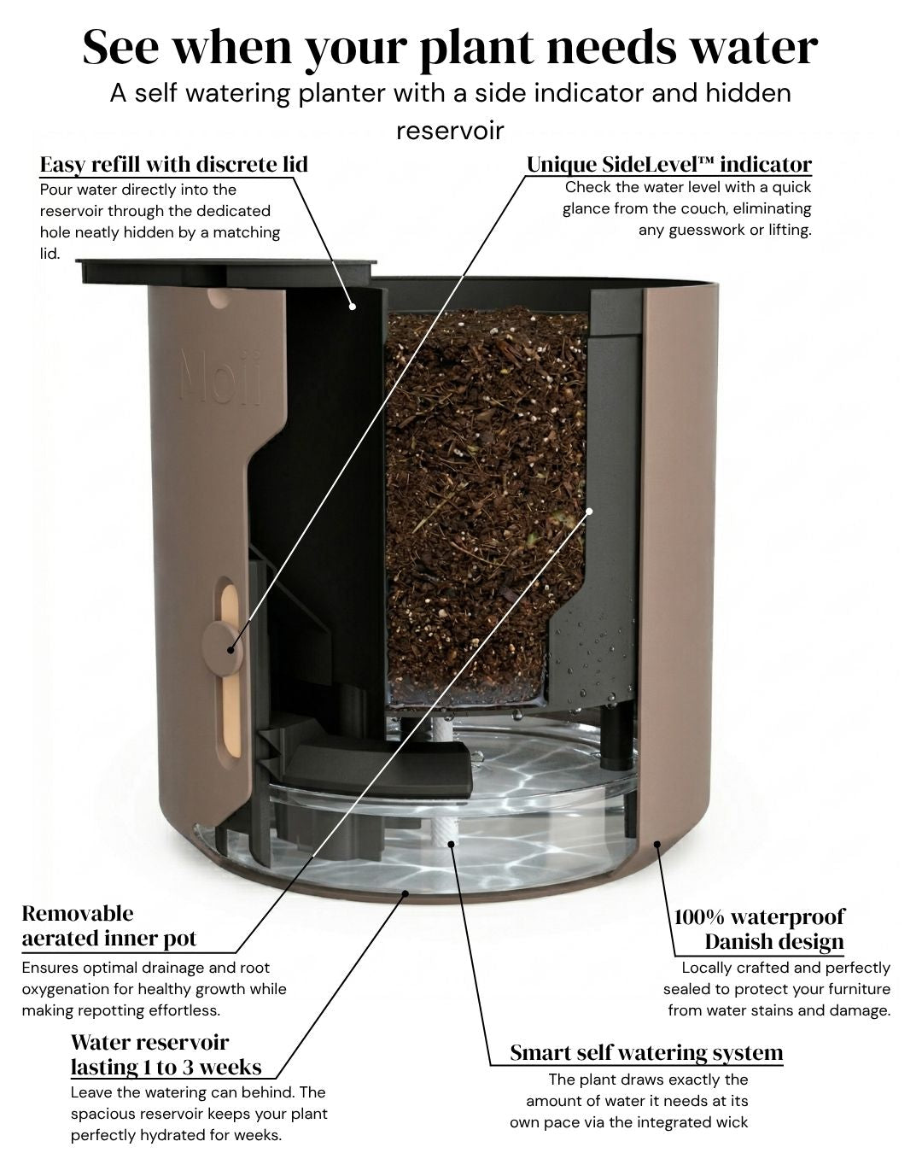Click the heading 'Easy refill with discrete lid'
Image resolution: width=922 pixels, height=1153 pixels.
(173, 165)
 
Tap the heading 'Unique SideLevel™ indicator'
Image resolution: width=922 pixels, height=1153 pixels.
(669, 165)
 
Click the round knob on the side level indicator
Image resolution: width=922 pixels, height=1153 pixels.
(222, 647)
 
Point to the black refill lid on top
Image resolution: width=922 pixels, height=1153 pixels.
(226, 271)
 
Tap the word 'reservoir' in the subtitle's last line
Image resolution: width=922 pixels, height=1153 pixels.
(450, 131)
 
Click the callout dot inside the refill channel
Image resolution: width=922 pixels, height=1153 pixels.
(352, 307)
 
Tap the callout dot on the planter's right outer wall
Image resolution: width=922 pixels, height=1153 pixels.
(657, 844)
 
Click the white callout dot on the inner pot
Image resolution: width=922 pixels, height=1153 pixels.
(589, 511)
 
